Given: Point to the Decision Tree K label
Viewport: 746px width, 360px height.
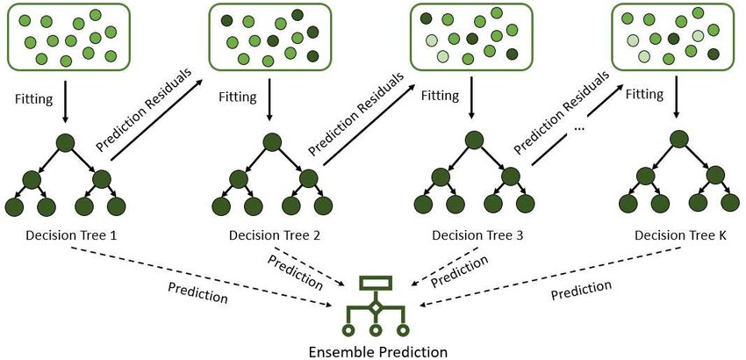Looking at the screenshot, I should point(678,235).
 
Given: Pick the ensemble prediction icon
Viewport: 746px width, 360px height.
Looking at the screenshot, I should point(375,308).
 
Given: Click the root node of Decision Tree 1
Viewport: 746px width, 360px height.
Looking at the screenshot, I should point(64,142).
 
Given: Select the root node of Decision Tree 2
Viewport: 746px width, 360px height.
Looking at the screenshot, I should point(269,142).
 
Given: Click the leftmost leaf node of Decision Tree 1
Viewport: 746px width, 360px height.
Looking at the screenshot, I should point(15,207).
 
